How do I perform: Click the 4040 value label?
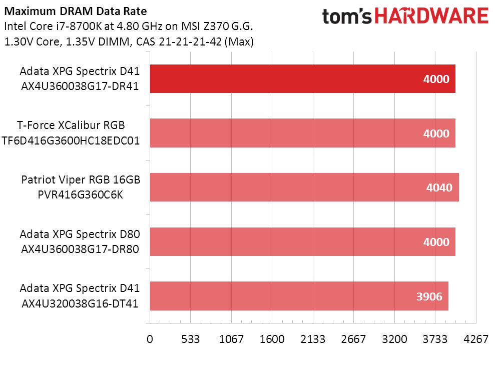coord(439,188)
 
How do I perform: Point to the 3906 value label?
coord(429,296)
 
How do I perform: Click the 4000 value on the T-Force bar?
coord(436,133)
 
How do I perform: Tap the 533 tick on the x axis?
coord(191,339)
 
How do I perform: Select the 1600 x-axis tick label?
coord(272,339)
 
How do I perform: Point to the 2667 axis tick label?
coord(354,339)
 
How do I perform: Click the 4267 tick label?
coord(476,339)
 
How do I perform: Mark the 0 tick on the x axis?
coord(150,339)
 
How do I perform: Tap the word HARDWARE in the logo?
coord(432,16)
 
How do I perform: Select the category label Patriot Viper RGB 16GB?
coord(81,180)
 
